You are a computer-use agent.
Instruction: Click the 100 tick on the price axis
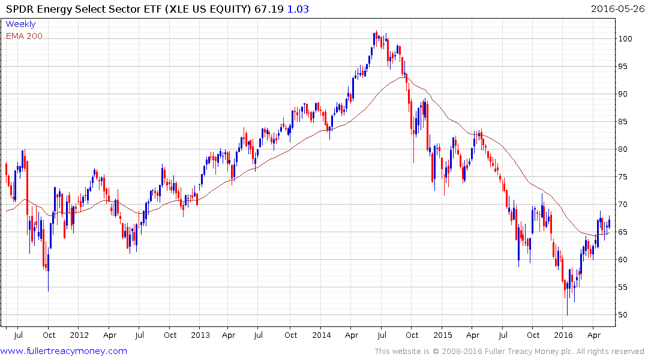click(627, 39)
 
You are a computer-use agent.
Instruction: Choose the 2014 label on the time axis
click(321, 335)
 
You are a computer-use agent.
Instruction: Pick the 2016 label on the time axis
click(563, 335)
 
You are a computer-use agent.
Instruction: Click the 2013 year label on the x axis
click(200, 335)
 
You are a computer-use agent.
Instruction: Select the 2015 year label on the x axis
click(443, 335)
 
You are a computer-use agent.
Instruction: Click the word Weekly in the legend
click(20, 24)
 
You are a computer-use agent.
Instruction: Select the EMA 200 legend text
click(24, 36)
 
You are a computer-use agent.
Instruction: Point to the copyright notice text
click(509, 351)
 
